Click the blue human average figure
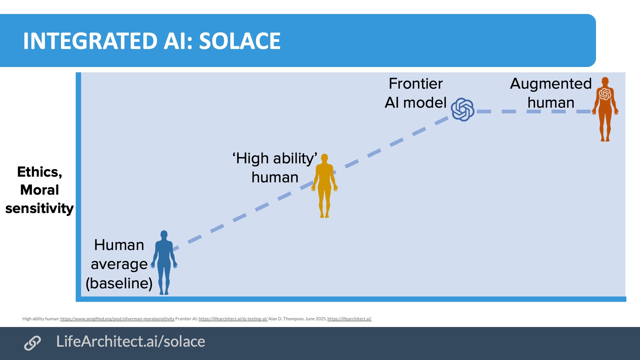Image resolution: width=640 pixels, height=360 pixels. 164,263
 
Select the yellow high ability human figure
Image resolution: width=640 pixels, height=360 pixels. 325,187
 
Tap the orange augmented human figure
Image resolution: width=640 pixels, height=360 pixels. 605,110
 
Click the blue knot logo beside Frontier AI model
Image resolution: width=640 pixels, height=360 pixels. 463,110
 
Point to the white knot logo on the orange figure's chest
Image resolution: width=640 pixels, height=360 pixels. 605,94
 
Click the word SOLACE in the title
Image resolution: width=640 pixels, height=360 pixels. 240,41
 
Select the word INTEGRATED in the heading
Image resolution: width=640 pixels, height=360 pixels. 90,41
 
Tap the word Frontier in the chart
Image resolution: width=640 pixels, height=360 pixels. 416,84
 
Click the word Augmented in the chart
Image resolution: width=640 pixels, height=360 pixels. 551,84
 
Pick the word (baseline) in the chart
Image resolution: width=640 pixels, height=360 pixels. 119,284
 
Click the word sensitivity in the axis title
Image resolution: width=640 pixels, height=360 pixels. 40,208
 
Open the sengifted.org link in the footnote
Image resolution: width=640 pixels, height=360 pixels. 117,319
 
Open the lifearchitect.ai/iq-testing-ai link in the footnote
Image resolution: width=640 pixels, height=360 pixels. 233,319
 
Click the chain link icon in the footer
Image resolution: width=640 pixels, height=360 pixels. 32,343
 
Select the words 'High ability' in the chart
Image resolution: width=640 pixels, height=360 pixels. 275,159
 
